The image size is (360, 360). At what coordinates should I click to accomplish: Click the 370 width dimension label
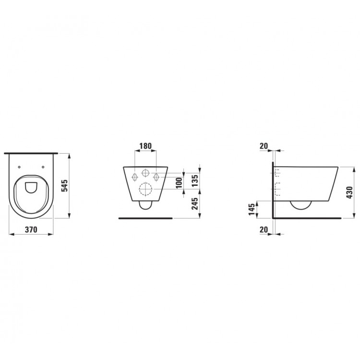click(x=31, y=230)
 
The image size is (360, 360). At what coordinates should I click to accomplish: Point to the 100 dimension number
click(x=179, y=184)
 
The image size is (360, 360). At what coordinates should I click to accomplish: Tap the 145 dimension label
click(x=252, y=209)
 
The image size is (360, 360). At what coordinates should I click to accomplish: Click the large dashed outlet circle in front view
click(x=145, y=191)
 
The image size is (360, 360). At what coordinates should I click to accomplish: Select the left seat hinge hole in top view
click(x=19, y=167)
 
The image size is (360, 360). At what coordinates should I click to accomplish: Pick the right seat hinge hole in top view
click(x=43, y=167)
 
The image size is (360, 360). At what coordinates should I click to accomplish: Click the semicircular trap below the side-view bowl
click(x=302, y=205)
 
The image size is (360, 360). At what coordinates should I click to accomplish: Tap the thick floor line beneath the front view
click(x=145, y=218)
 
